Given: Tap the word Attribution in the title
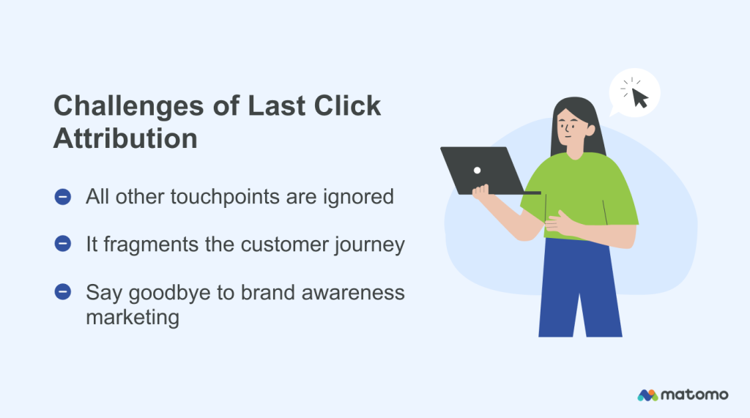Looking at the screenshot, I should tap(125, 138).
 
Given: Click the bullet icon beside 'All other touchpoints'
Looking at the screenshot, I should tap(63, 197).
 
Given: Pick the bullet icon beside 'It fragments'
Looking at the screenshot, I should tap(63, 245).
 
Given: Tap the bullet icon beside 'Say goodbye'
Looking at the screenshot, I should tap(63, 292).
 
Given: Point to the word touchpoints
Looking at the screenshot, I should tap(245, 197).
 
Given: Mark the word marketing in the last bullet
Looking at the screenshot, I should tap(133, 318).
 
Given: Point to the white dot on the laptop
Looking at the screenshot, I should tap(477, 170).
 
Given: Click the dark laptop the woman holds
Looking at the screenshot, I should tap(483, 171).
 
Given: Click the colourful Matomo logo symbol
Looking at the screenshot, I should tap(647, 395).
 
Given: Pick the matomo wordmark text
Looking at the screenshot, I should tap(695, 395).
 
